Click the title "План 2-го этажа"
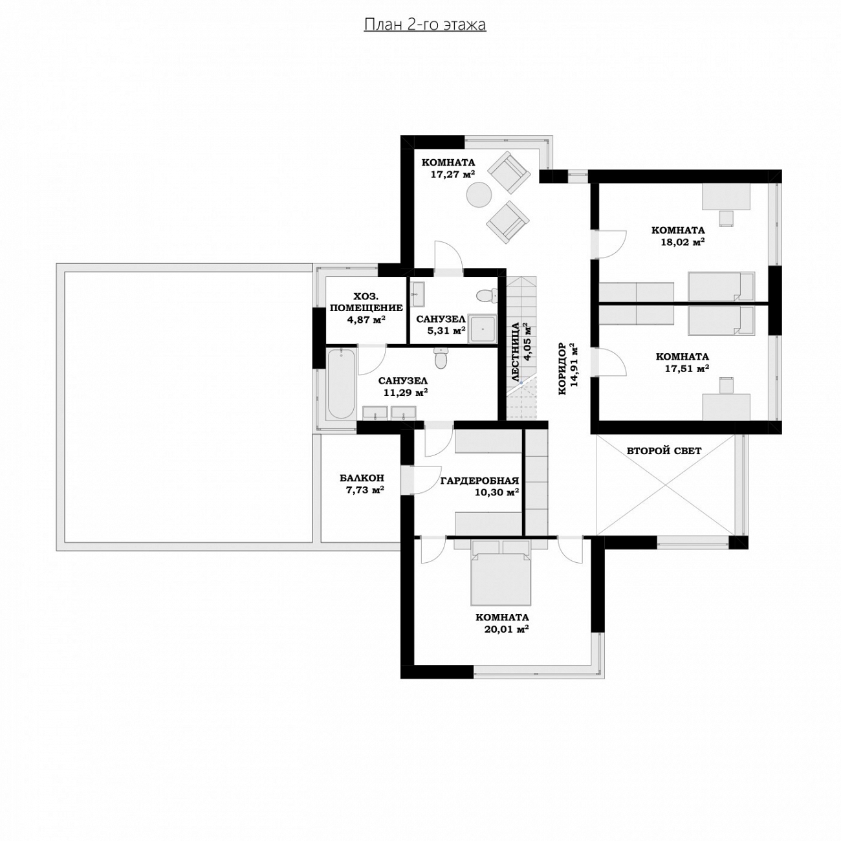click(x=424, y=25)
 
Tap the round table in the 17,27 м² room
click(x=479, y=195)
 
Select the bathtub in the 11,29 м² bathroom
click(x=341, y=383)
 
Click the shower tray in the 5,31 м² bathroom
click(x=482, y=328)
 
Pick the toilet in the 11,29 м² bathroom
click(x=441, y=358)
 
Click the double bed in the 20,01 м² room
click(x=501, y=573)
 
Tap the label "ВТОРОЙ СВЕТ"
click(x=664, y=451)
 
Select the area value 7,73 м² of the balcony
click(x=365, y=490)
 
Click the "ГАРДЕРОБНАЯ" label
click(x=479, y=481)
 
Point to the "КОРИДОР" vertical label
click(x=562, y=369)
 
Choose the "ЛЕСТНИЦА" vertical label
click(x=516, y=353)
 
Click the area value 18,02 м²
click(x=683, y=242)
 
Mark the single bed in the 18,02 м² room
click(x=721, y=287)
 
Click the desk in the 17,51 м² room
click(x=726, y=407)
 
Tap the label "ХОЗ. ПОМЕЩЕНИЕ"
click(x=366, y=302)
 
